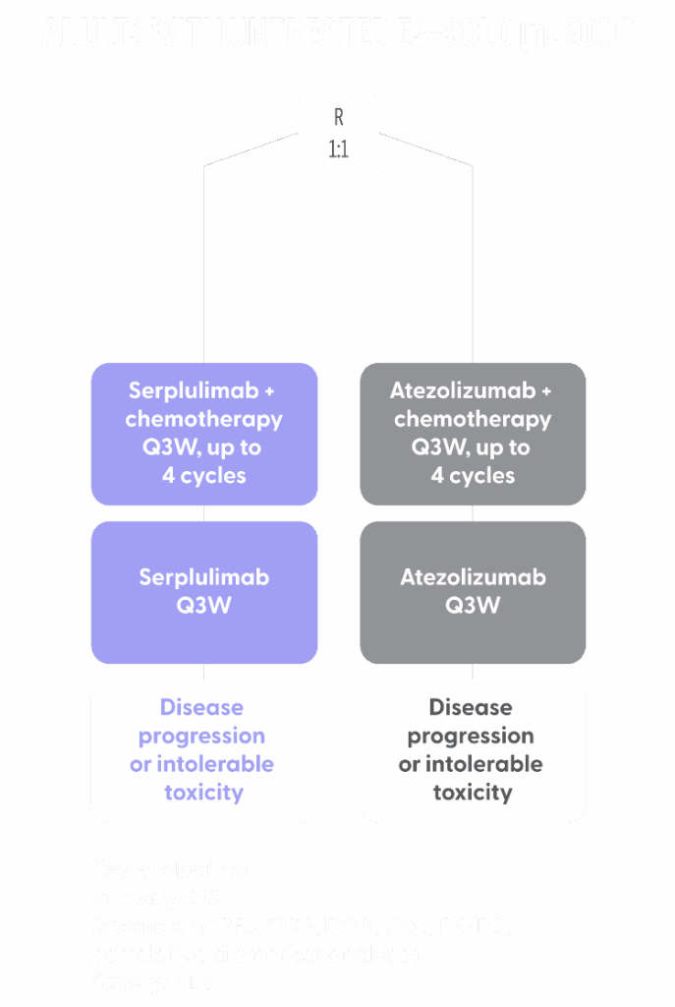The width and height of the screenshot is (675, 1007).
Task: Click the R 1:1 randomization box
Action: [x=338, y=134]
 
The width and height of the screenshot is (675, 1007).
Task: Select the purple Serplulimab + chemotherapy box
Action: [x=204, y=433]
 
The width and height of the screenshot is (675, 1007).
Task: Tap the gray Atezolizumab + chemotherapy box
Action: [x=473, y=433]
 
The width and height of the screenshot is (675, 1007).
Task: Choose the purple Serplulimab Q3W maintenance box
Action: [x=204, y=591]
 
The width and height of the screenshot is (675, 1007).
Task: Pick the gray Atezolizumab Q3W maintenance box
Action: [x=473, y=591]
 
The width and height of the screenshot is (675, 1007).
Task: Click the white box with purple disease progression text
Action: [x=204, y=749]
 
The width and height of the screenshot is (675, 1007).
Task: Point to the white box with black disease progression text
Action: [x=473, y=749]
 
